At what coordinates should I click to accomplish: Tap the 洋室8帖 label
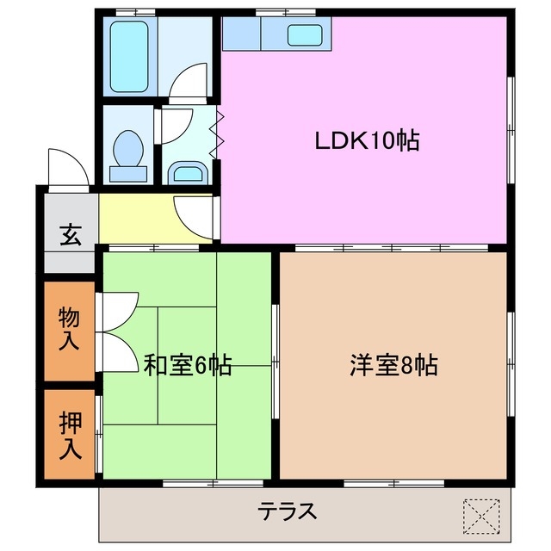[393, 365]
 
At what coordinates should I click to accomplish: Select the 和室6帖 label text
[187, 365]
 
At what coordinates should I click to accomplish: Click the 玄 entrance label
[70, 235]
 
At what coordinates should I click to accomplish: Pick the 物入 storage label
[70, 330]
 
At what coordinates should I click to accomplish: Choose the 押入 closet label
[70, 436]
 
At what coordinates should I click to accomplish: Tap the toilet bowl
[129, 153]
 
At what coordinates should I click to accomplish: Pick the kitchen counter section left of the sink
[243, 34]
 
